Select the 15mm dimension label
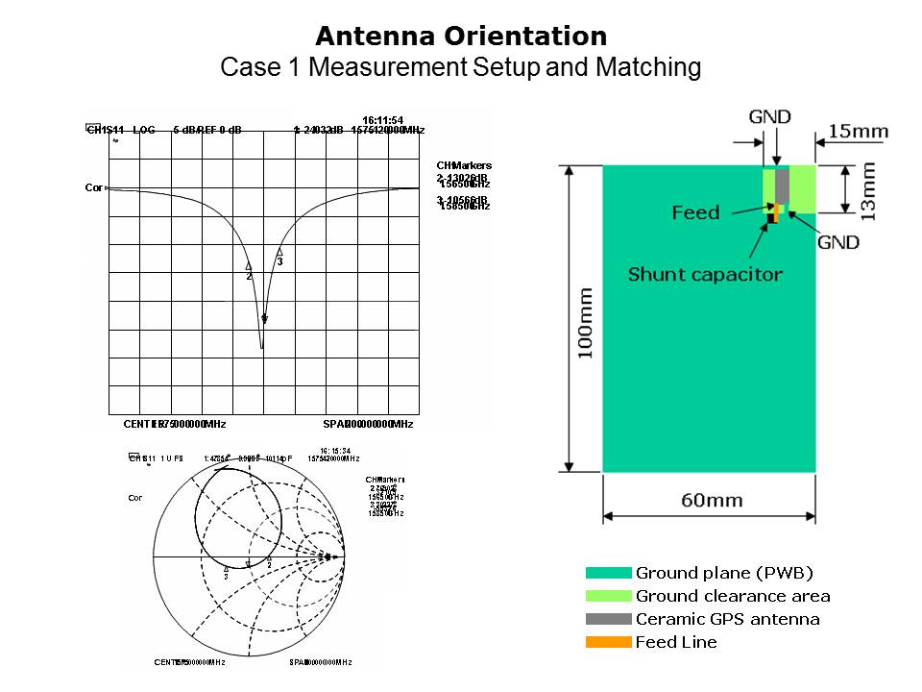click(858, 131)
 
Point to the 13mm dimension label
click(868, 190)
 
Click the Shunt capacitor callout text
click(705, 275)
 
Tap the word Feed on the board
click(695, 212)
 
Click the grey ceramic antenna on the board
click(782, 185)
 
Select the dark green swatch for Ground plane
click(608, 574)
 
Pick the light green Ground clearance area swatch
click(608, 597)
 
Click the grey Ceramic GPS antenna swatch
click(608, 620)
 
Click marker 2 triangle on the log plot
click(249, 266)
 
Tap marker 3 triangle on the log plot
click(279, 252)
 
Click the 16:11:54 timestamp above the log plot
click(389, 119)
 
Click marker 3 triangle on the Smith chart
click(226, 569)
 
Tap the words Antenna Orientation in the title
click(461, 37)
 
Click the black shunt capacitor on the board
click(771, 219)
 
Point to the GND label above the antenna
click(770, 117)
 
